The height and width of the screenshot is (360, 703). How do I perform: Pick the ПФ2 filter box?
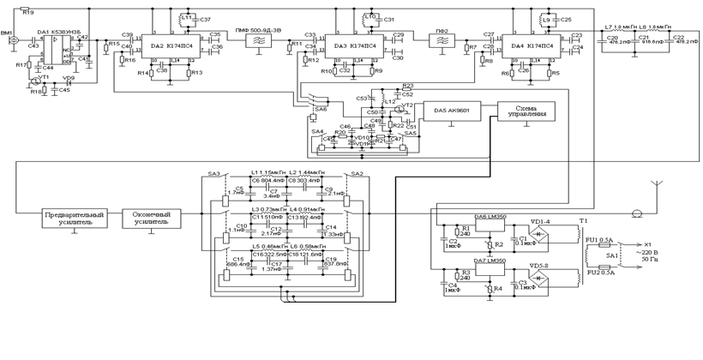[x=442, y=39]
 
